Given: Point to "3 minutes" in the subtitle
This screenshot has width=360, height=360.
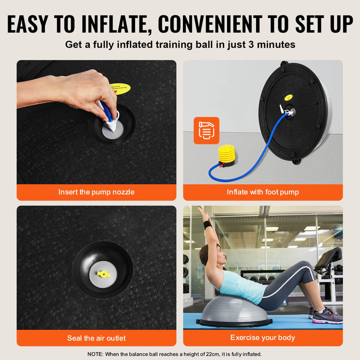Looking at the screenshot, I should (x=273, y=44).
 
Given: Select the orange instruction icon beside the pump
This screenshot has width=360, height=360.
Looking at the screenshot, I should (x=206, y=130).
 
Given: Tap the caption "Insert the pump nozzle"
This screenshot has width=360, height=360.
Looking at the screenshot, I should (x=96, y=192).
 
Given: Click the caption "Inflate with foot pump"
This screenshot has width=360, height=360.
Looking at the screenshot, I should (x=263, y=192).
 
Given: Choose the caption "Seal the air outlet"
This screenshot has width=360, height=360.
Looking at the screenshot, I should (x=96, y=338).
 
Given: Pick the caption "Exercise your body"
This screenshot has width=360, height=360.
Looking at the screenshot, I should (x=263, y=338).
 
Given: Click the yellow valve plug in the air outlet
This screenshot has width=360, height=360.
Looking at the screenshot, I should (x=103, y=273).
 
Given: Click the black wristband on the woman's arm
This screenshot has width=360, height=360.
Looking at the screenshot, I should (x=207, y=225).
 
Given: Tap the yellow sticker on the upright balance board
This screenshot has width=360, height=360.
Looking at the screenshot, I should (x=288, y=98).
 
